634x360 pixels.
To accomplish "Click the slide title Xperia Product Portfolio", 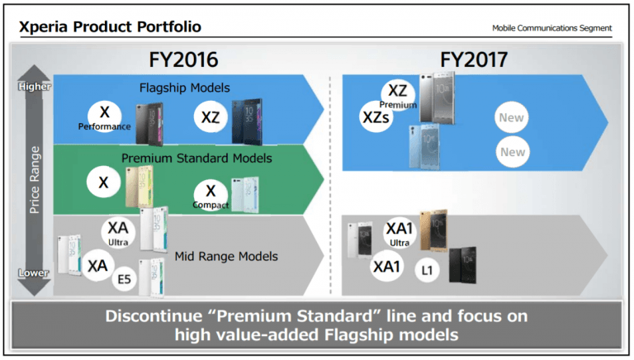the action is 110,26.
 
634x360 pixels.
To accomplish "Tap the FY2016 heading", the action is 183,60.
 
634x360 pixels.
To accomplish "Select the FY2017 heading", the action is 474,60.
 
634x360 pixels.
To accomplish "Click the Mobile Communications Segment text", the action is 551,28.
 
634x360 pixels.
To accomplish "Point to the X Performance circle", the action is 105,116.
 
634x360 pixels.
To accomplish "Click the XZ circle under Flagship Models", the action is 211,117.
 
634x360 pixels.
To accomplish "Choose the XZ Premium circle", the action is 398,96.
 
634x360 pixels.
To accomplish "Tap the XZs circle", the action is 376,117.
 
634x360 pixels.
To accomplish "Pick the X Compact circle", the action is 211,196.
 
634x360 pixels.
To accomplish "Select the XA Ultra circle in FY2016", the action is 118,233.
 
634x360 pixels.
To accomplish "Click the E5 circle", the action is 124,279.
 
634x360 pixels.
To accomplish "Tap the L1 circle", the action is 427,270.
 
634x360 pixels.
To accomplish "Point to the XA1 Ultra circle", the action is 400,233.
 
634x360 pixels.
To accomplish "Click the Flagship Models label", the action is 184,88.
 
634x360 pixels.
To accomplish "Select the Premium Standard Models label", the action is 196,159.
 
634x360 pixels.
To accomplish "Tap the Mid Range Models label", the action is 226,257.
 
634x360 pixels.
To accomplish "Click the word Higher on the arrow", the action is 35,87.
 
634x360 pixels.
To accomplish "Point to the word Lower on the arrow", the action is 34,273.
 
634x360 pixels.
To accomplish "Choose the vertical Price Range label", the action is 35,180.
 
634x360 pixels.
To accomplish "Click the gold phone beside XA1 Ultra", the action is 433,230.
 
